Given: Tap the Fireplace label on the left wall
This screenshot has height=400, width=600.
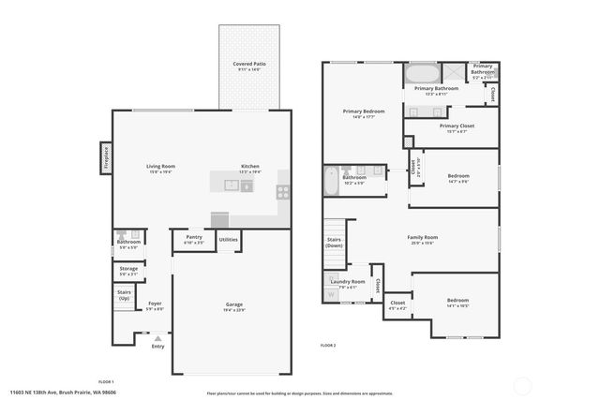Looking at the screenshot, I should (106, 156).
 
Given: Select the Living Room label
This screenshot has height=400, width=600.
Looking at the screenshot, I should (160, 168).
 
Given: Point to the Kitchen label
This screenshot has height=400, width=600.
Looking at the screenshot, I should (249, 168).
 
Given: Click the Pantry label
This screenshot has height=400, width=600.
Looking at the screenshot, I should (194, 239).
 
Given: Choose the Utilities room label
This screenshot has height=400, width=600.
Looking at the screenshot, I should (228, 240).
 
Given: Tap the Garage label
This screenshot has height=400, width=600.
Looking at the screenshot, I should (233, 305).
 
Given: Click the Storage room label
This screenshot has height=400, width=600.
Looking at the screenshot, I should (128, 270).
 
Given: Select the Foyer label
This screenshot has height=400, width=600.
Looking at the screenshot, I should (155, 305).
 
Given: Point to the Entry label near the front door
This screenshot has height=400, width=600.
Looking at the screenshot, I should (157, 347).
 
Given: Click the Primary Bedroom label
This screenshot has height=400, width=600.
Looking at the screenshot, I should (363, 112).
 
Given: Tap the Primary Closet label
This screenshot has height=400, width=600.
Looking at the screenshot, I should (457, 126).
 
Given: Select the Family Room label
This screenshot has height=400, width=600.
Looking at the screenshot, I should (422, 239).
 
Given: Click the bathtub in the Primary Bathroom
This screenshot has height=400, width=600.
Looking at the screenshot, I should (422, 74).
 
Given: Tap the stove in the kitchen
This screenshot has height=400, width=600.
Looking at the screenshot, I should (282, 191).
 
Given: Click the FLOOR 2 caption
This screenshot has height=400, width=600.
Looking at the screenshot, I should (327, 346).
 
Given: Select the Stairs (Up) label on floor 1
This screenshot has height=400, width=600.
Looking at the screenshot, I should (125, 295).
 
